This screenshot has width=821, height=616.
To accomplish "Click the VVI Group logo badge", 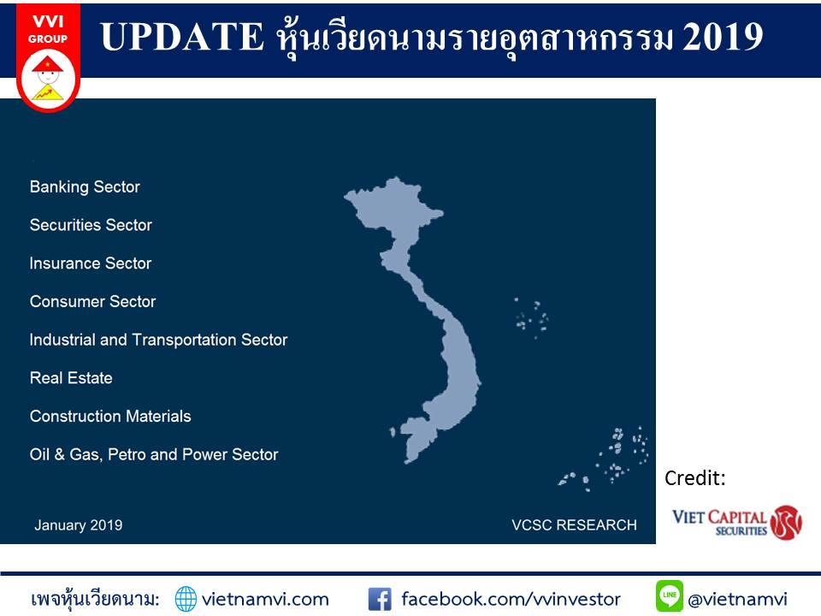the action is (x=48, y=57).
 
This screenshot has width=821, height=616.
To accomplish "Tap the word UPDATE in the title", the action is (x=181, y=37).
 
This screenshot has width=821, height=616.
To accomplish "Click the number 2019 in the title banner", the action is (x=723, y=37).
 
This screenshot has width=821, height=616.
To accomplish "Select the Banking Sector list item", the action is (x=85, y=187).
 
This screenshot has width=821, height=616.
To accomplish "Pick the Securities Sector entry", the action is (x=91, y=225).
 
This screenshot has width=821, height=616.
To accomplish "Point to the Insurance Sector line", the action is (x=91, y=264).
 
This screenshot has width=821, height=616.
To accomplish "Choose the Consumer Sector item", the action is (x=92, y=302).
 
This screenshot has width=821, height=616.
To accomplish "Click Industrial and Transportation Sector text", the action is (x=159, y=340).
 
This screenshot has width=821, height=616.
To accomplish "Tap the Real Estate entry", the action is (x=71, y=378).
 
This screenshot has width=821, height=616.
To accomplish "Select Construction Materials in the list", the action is (x=110, y=417).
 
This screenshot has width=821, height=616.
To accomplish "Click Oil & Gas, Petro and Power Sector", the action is (x=154, y=454).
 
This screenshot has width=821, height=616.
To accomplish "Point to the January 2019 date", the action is (x=79, y=525).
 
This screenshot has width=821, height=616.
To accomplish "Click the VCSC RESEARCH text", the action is (x=575, y=525).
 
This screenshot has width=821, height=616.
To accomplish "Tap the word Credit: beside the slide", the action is (x=694, y=478).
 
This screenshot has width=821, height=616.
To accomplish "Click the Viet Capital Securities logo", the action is (x=737, y=522).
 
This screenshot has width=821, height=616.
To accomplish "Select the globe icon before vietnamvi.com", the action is (x=186, y=599).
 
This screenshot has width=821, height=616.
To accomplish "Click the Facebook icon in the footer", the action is (x=380, y=599).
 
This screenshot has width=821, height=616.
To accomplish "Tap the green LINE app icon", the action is (x=669, y=596).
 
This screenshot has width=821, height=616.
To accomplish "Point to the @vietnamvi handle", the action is (x=738, y=599).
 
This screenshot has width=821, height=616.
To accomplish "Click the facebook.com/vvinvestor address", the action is (x=511, y=599).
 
